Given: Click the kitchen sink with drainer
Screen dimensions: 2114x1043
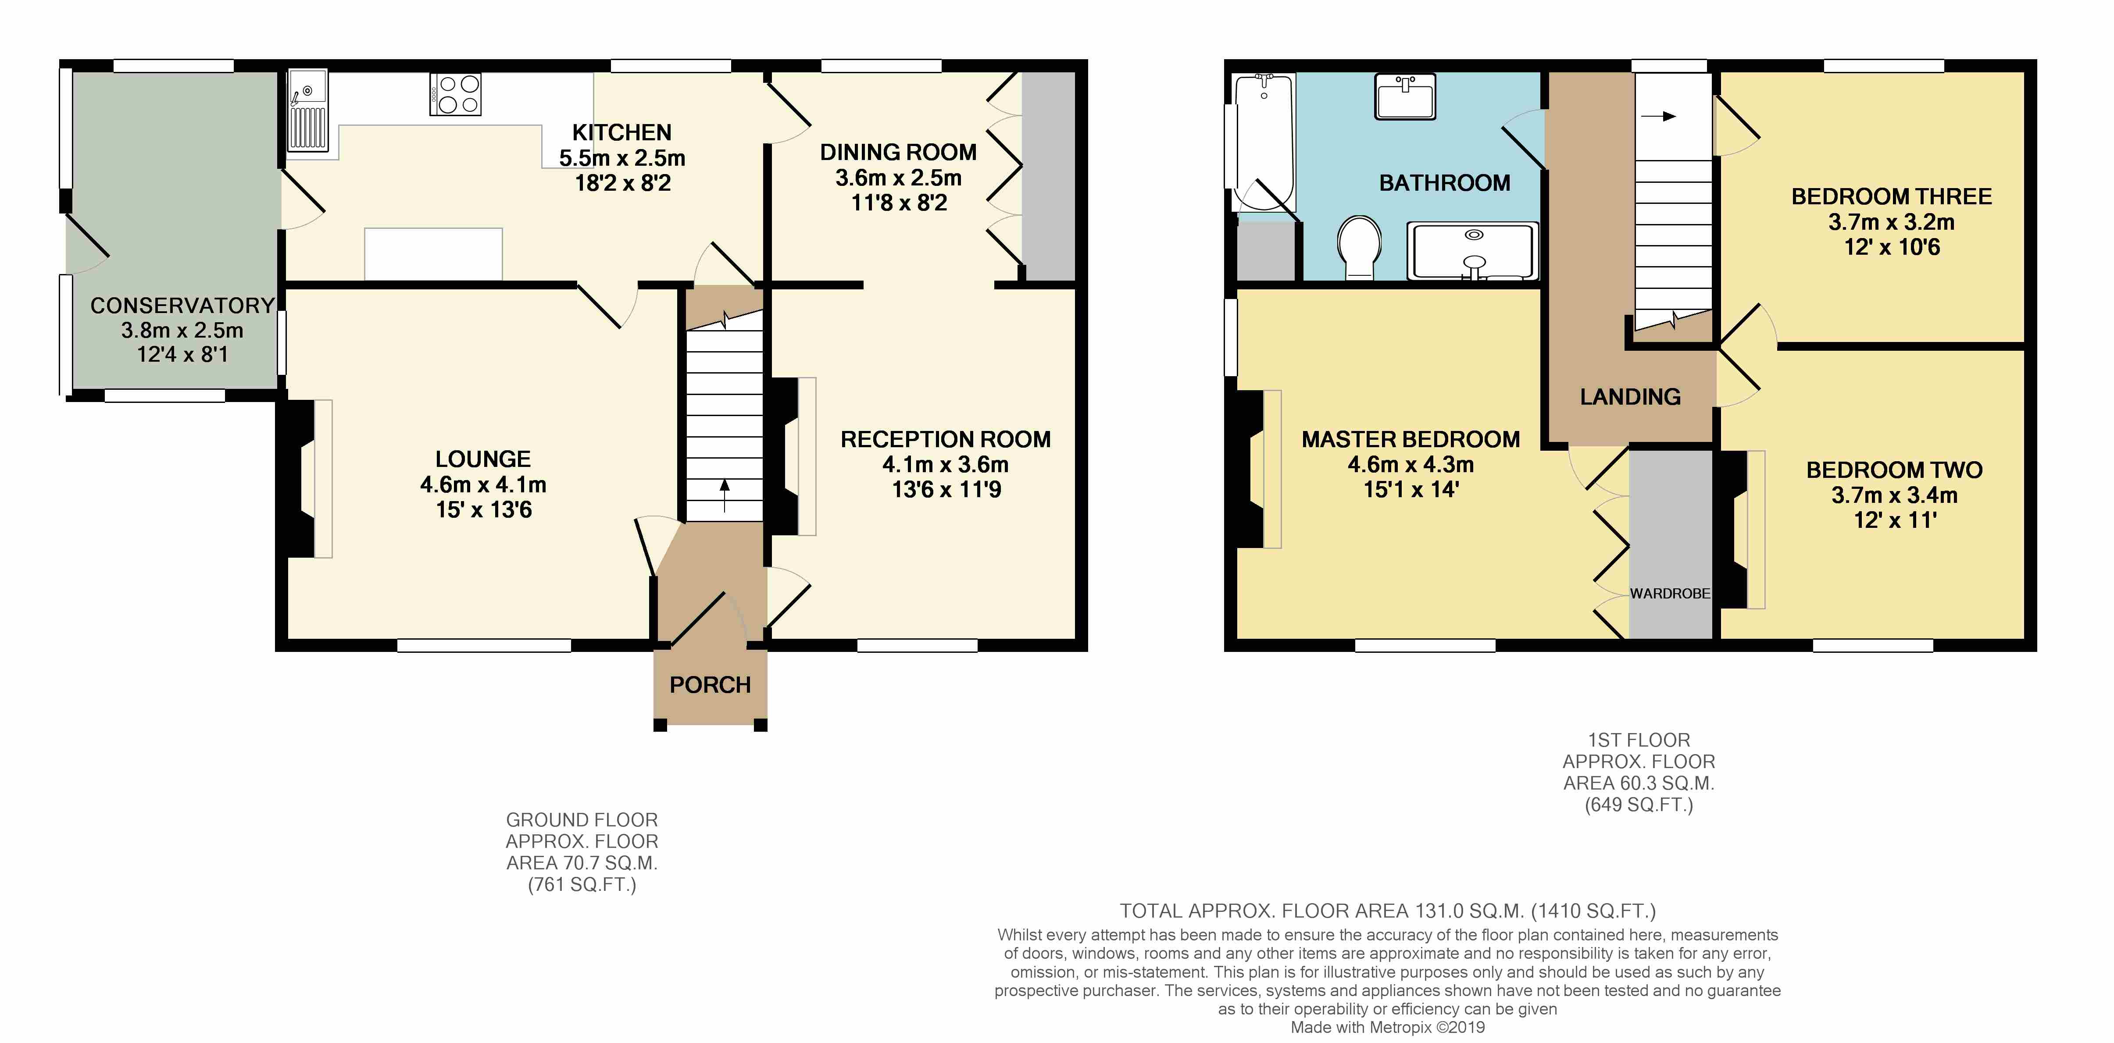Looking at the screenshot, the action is click(x=308, y=111).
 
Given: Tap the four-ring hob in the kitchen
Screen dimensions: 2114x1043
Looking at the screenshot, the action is click(x=455, y=94).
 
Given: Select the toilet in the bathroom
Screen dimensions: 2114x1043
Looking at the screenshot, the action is click(x=1359, y=247).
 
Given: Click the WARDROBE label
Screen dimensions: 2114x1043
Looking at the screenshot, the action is click(x=1670, y=593).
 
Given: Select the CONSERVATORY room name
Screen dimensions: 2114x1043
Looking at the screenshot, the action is click(x=182, y=305).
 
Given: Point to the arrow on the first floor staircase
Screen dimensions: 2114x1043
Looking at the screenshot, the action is click(x=1658, y=117).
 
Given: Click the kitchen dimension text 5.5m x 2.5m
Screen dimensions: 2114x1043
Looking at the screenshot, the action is click(x=622, y=157).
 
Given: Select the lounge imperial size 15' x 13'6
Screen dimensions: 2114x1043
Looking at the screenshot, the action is click(x=483, y=509).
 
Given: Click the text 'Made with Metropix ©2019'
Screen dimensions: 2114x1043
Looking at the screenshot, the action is click(x=1388, y=1027).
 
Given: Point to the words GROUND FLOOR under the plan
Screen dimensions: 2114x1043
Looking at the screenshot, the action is click(x=582, y=820).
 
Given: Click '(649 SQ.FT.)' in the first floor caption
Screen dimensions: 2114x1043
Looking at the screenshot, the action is click(x=1639, y=805).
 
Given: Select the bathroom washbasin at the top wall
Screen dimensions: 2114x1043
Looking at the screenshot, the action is click(x=1405, y=96).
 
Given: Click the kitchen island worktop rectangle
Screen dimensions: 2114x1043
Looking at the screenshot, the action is click(x=433, y=253).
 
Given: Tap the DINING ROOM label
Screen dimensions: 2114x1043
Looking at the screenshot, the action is click(x=899, y=153).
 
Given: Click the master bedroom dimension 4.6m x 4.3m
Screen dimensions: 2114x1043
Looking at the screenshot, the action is click(x=1411, y=464).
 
